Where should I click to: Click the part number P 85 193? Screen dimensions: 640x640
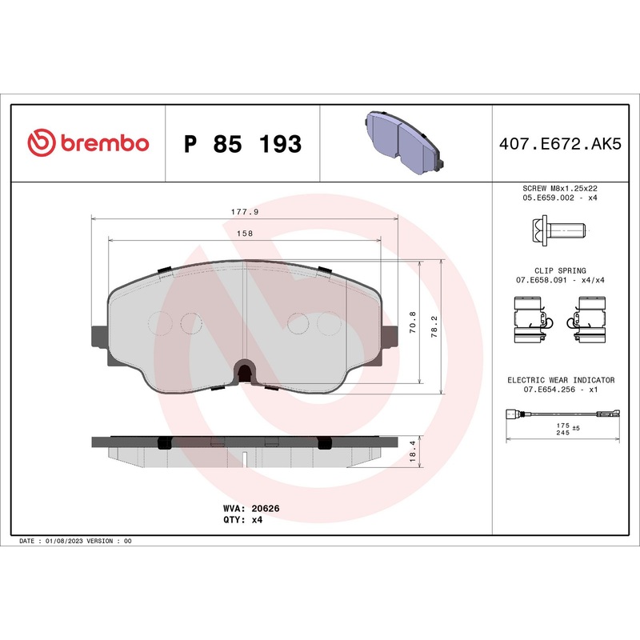(242, 144)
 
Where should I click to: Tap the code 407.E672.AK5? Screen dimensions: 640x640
(559, 144)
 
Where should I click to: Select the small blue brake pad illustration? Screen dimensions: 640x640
(405, 141)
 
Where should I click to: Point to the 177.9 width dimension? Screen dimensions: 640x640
(245, 211)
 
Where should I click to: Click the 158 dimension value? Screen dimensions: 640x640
(246, 233)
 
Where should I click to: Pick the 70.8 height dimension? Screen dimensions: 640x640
(412, 322)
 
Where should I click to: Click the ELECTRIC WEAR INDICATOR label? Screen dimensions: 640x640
(560, 380)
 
